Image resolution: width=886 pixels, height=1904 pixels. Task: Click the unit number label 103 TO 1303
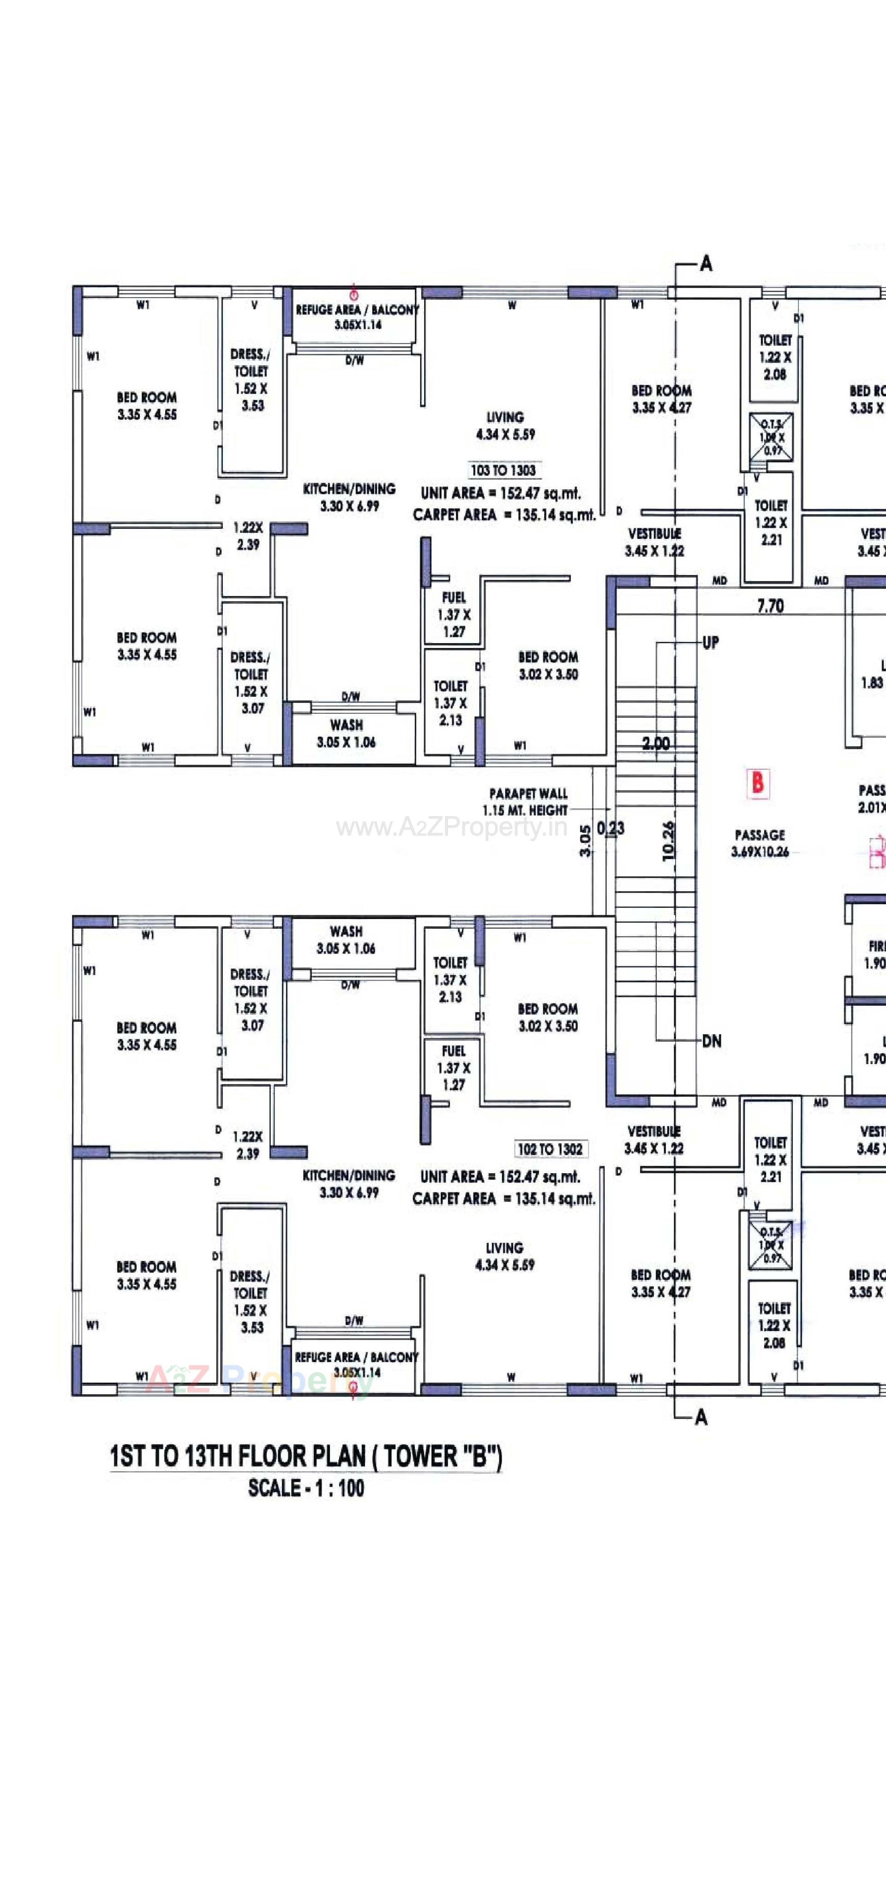(503, 470)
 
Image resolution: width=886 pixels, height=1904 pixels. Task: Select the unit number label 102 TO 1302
(550, 1149)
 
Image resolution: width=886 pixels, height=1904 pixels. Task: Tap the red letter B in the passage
(757, 782)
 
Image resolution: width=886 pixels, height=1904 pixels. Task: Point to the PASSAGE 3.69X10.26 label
(760, 842)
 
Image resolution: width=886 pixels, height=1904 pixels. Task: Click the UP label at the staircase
(710, 642)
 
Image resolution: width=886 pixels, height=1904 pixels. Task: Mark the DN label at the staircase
(712, 1041)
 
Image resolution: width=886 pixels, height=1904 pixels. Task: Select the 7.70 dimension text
(770, 606)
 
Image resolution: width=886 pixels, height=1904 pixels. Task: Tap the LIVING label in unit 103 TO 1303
(505, 418)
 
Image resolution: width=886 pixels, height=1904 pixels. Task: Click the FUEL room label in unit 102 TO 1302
(453, 1050)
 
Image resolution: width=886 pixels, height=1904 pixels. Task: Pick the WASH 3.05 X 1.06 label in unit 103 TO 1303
(346, 733)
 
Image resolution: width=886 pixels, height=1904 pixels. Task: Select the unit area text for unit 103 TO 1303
(501, 493)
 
